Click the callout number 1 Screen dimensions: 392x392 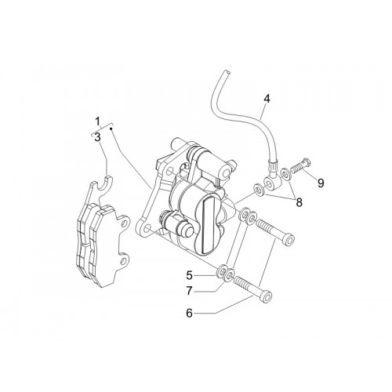(97, 122)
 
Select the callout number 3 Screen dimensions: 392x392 (97, 137)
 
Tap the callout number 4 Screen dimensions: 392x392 (267, 99)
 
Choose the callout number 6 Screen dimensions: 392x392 (189, 313)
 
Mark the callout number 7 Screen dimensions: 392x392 (189, 291)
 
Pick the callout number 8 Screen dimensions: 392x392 (299, 202)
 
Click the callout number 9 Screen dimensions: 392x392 (321, 183)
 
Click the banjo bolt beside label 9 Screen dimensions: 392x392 (300, 165)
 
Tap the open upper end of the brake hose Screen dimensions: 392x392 (227, 72)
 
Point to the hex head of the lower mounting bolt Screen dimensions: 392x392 (266, 296)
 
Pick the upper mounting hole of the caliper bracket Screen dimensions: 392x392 (170, 171)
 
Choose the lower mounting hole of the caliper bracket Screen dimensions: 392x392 (147, 229)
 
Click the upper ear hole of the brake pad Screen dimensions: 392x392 (125, 223)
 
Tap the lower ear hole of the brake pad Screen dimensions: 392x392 (124, 260)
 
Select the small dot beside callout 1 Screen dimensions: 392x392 (111, 129)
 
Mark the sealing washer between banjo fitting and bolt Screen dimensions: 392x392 (285, 174)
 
